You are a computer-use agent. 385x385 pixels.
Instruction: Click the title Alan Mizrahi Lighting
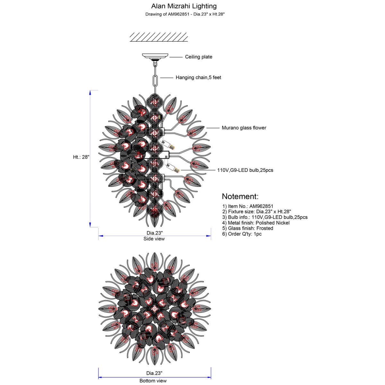pyautogui.click(x=184, y=6)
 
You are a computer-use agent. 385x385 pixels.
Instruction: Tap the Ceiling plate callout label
pyautogui.click(x=198, y=57)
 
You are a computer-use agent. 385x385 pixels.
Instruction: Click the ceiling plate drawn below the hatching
pyautogui.click(x=155, y=56)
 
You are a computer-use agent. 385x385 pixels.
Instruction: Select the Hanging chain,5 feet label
pyautogui.click(x=198, y=78)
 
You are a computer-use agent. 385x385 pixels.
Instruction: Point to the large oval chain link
pyautogui.click(x=155, y=81)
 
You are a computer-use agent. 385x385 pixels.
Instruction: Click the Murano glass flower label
pyautogui.click(x=244, y=128)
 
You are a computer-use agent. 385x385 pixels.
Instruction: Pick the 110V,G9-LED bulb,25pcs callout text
pyautogui.click(x=245, y=170)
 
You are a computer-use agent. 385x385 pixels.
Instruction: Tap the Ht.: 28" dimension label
pyautogui.click(x=81, y=157)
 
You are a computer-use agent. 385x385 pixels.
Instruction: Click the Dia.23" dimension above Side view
pyautogui.click(x=154, y=233)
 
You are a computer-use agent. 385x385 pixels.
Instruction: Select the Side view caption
pyautogui.click(x=154, y=239)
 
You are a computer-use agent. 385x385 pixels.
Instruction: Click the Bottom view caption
pyautogui.click(x=153, y=381)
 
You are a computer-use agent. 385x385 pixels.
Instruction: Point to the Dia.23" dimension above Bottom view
pyautogui.click(x=154, y=373)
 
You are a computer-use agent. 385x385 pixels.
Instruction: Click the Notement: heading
pyautogui.click(x=240, y=196)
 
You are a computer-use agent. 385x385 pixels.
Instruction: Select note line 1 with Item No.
pyautogui.click(x=248, y=206)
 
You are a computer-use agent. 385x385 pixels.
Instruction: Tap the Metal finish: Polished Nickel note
pyautogui.click(x=256, y=223)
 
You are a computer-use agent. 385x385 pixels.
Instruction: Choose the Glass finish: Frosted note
pyautogui.click(x=248, y=228)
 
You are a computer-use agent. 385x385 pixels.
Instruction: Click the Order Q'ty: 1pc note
pyautogui.click(x=242, y=234)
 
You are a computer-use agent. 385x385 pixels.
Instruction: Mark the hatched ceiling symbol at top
pyautogui.click(x=158, y=37)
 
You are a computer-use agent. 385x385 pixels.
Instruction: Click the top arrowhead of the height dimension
pyautogui.click(x=90, y=93)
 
